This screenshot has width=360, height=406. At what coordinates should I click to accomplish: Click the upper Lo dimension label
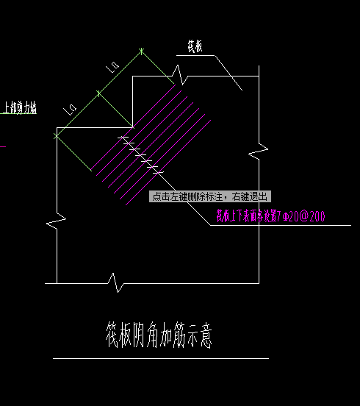(113, 68)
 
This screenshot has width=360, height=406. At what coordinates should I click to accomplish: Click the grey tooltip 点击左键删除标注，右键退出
(210, 196)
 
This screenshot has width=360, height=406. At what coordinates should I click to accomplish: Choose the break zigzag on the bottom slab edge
(115, 282)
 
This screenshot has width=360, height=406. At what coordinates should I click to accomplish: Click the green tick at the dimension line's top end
(141, 51)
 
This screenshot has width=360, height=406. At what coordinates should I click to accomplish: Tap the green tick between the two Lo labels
(98, 93)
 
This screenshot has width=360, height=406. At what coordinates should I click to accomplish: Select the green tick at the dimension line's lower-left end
(56, 135)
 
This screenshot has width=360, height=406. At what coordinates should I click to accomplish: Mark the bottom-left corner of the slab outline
(57, 283)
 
